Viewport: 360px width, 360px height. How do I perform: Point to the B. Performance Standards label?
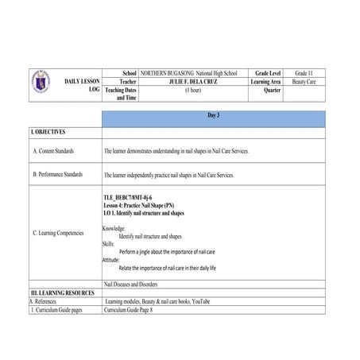tap(57, 174)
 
